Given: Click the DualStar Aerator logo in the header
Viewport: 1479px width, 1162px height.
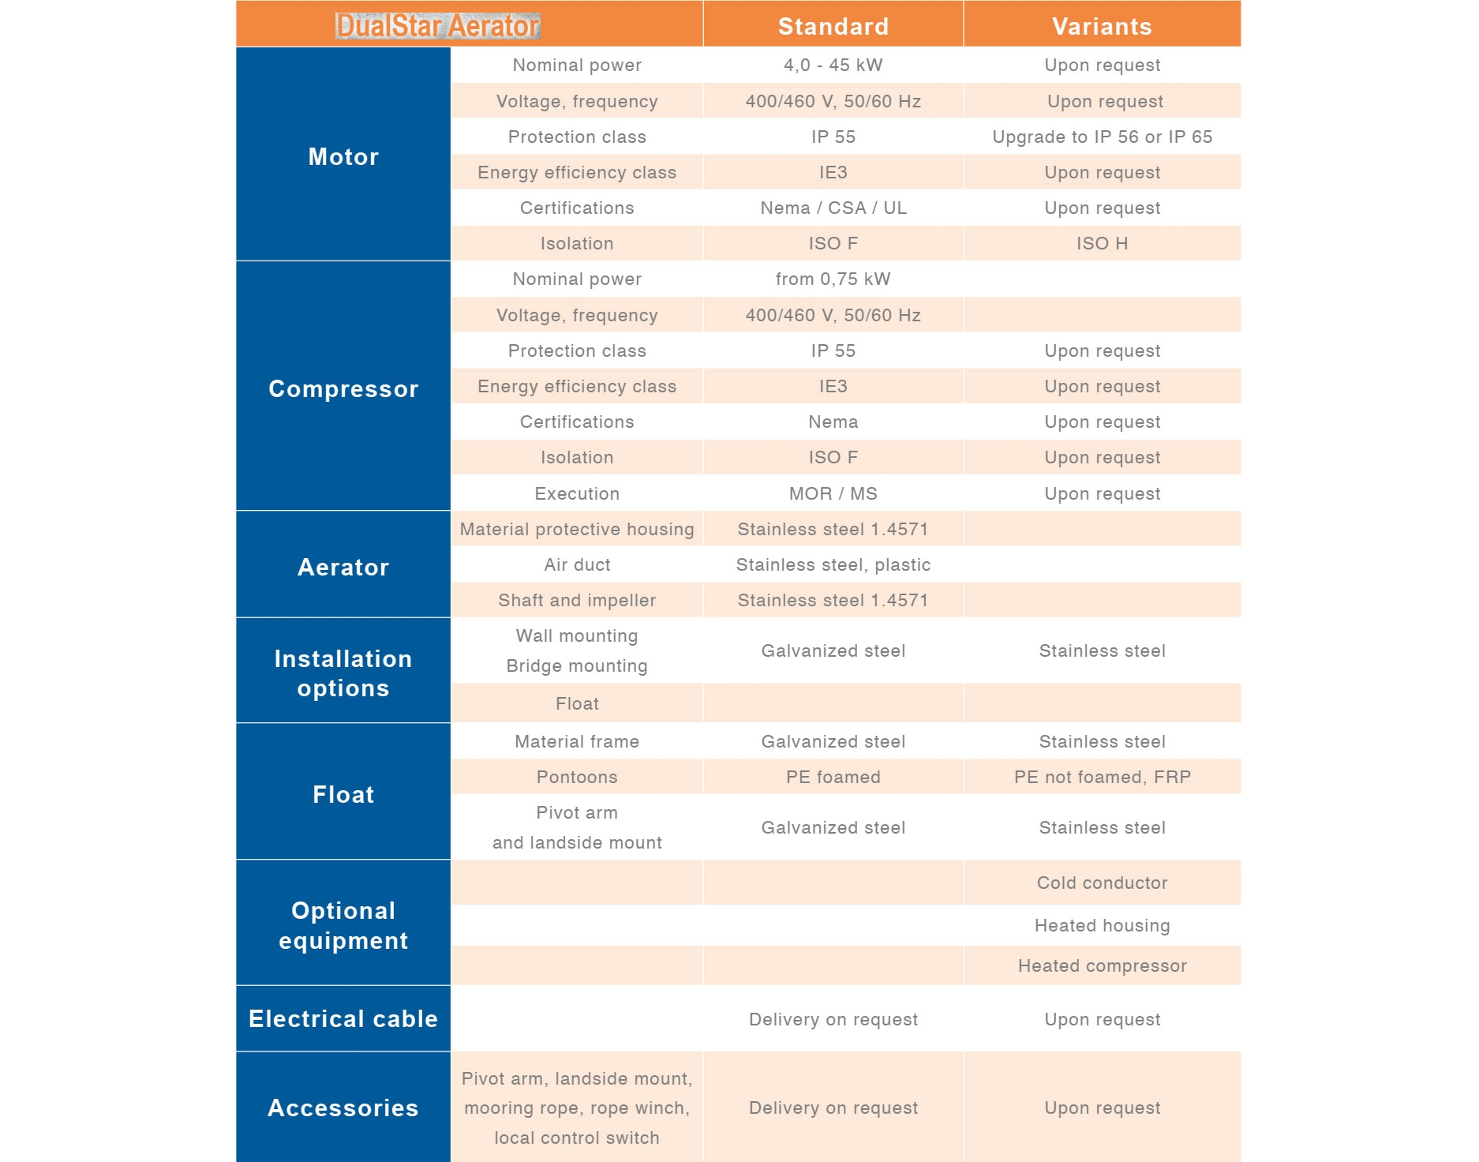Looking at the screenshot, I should tap(437, 26).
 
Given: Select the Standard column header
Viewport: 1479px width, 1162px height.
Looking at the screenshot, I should tap(833, 27).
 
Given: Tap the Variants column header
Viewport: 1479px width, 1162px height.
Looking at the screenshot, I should tap(1102, 27).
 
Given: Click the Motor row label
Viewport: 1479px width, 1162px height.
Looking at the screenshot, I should tap(343, 156).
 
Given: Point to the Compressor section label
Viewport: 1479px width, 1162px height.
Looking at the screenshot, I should tap(343, 388).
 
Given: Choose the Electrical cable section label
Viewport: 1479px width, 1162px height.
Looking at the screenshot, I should tap(343, 1018).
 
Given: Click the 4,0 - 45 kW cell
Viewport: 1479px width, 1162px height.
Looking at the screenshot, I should tap(833, 65).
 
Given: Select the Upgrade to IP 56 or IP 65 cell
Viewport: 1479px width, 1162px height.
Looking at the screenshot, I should tap(1102, 137).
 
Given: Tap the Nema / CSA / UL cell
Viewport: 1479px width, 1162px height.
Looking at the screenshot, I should tap(833, 208).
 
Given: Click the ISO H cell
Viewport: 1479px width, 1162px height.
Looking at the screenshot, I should tap(1102, 243).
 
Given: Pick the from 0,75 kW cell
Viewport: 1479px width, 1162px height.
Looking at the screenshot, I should tap(833, 279).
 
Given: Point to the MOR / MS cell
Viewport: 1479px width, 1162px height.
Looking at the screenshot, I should tap(833, 493).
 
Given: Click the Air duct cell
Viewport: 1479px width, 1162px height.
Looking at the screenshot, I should tap(577, 564).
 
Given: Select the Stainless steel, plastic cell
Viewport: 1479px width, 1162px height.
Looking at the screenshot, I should tap(833, 564).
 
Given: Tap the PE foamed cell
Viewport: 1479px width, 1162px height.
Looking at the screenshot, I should tap(833, 777).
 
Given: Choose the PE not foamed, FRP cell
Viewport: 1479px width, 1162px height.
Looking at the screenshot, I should tap(1102, 777).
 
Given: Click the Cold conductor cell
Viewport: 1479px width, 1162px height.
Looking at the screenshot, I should tap(1102, 883).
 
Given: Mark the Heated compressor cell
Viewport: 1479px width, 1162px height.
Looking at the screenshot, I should tap(1102, 965).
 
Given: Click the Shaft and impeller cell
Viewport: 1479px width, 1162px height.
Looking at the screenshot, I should tap(577, 600).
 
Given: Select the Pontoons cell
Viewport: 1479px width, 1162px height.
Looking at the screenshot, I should tap(577, 777).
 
